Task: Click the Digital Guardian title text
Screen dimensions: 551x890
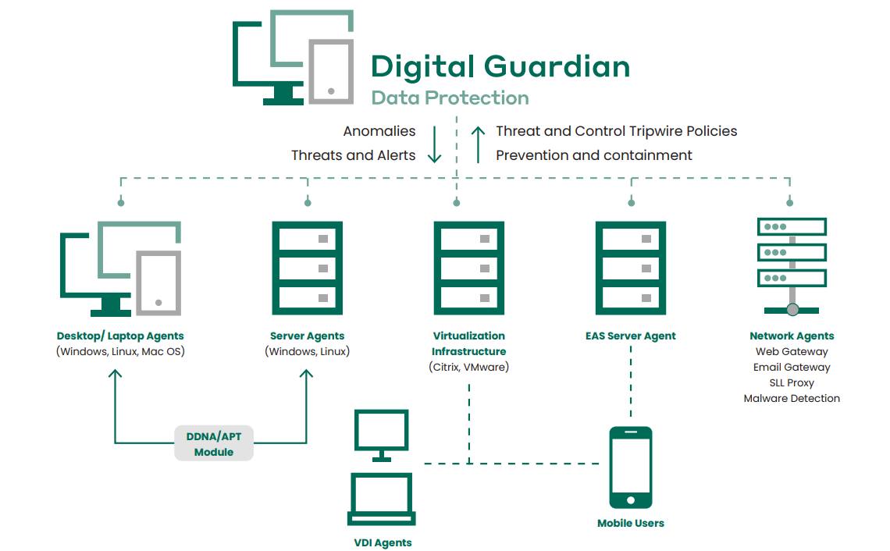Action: (x=500, y=66)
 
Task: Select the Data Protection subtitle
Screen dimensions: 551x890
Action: (x=450, y=98)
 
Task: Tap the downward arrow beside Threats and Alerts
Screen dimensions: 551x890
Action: (x=435, y=143)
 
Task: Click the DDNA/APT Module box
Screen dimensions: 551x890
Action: (x=214, y=444)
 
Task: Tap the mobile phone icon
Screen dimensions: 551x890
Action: (x=630, y=467)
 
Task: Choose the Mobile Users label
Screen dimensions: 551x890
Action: (x=630, y=523)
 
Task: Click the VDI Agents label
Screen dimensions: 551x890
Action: (x=383, y=542)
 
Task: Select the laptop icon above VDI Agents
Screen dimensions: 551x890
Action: (x=381, y=499)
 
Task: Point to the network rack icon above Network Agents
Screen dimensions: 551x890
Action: (x=792, y=265)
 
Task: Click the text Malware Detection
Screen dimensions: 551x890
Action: (x=792, y=398)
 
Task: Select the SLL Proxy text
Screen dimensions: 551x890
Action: (x=792, y=382)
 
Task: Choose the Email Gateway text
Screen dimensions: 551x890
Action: (x=792, y=367)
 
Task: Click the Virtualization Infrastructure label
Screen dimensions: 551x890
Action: (x=468, y=343)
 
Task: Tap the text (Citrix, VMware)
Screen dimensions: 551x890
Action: (x=468, y=367)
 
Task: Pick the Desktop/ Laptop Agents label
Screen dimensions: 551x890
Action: (x=120, y=336)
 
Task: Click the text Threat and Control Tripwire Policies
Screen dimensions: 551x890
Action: (x=616, y=131)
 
